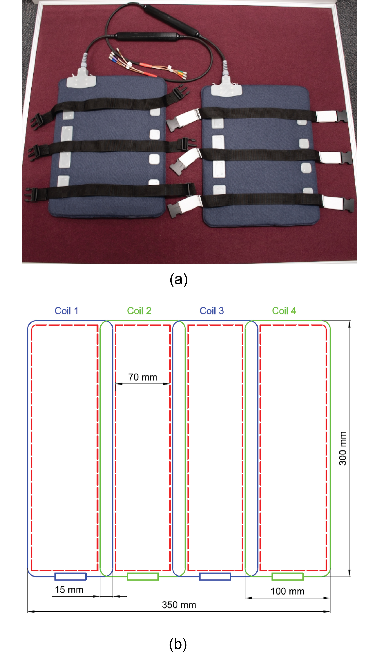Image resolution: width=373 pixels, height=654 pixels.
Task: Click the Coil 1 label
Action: [66, 311]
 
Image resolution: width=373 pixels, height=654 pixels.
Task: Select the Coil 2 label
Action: [139, 311]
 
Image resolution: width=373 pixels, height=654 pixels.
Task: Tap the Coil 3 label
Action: [212, 311]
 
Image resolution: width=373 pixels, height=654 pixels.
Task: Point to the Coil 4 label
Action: [284, 311]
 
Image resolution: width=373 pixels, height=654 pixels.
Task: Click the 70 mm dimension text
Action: [143, 377]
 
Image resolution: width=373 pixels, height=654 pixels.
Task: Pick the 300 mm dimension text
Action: [343, 448]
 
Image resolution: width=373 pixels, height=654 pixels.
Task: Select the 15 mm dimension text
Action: [69, 589]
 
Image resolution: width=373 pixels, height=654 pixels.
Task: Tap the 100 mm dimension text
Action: [288, 591]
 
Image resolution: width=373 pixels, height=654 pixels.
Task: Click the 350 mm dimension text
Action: [179, 605]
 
